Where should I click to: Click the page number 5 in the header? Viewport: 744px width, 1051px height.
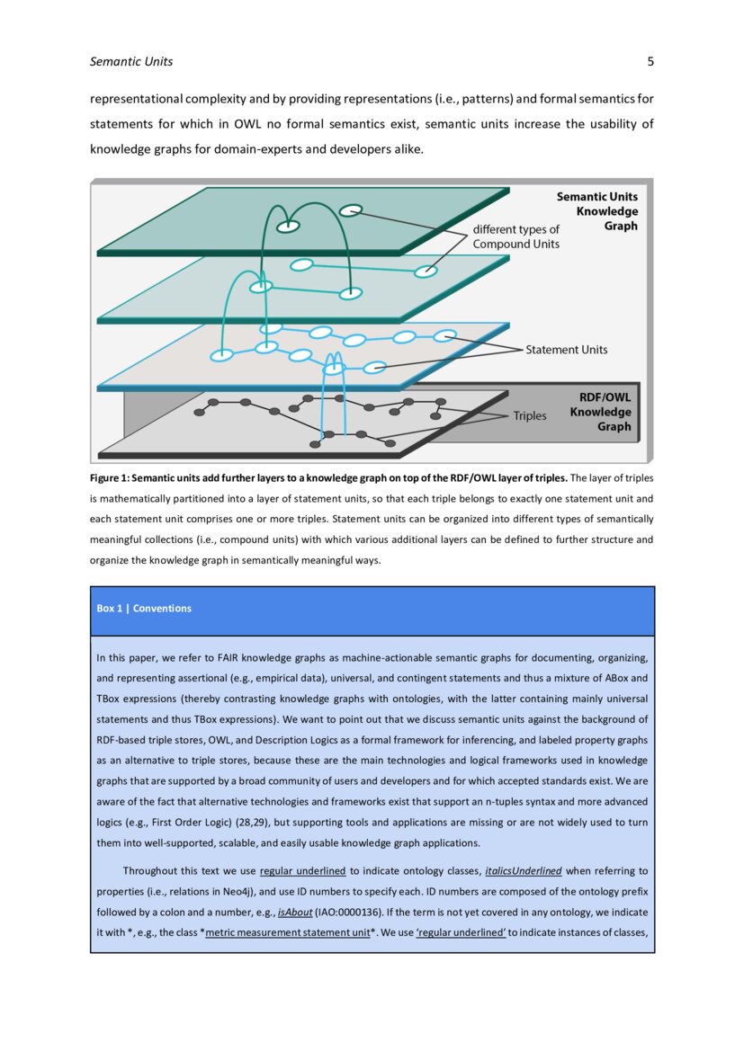pos(650,62)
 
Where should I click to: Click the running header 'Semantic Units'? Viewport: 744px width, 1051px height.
pos(131,62)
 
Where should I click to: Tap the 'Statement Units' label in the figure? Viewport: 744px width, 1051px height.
pos(566,350)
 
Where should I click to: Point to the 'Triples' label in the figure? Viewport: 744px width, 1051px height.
pos(530,416)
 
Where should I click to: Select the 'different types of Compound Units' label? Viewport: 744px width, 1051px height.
pos(516,236)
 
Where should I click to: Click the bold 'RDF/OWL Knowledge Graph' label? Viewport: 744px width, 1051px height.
pos(601,412)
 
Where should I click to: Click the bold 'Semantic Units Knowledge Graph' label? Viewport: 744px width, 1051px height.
pos(597,211)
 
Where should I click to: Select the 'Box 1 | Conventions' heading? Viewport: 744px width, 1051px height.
pos(144,609)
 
